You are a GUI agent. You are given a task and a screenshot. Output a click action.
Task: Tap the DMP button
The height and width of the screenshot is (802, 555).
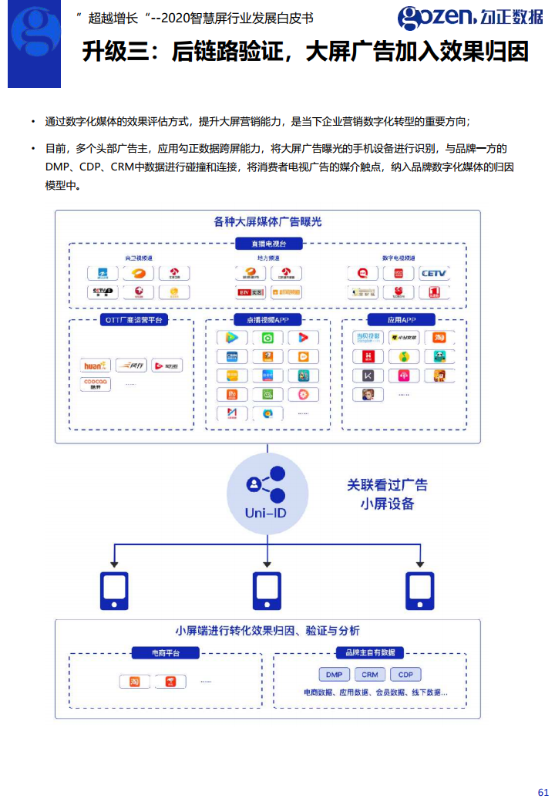click(x=334, y=675)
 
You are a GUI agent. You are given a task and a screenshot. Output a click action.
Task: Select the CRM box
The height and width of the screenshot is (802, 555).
click(x=370, y=675)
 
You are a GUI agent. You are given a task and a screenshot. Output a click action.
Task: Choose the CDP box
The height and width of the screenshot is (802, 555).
click(x=405, y=675)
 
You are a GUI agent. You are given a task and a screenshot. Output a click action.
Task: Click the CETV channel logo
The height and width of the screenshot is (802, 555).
click(x=434, y=273)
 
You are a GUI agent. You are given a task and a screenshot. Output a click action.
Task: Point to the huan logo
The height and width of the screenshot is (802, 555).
click(x=97, y=366)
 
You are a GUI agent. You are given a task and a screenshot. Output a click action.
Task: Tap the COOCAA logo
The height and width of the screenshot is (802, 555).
click(x=97, y=384)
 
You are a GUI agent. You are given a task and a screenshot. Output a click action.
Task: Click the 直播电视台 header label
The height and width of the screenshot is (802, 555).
click(x=267, y=244)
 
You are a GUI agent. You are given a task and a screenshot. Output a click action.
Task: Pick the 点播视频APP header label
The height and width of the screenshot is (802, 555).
click(x=267, y=320)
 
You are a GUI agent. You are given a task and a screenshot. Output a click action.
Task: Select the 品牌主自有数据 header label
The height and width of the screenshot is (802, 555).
click(x=369, y=653)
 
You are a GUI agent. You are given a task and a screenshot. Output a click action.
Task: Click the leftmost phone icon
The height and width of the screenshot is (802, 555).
click(x=114, y=591)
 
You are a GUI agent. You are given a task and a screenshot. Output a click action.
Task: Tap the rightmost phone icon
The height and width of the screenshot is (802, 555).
click(x=420, y=591)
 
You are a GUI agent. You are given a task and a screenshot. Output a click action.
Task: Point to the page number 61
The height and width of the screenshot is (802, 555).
click(x=543, y=792)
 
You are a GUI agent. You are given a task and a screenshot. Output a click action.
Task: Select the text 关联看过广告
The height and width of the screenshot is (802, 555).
click(x=387, y=485)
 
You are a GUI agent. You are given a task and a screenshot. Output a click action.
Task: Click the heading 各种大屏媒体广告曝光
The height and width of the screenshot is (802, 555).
click(x=267, y=222)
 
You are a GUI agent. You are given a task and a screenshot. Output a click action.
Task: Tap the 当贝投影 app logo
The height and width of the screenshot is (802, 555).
click(x=368, y=337)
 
